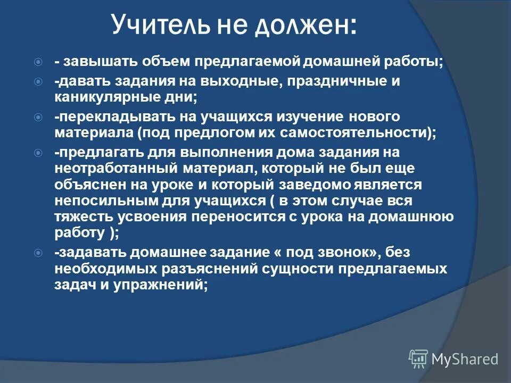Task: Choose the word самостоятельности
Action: coord(359,132)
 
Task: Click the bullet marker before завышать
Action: coord(38,62)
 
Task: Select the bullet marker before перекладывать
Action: coord(38,116)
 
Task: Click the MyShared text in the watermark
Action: coord(465,359)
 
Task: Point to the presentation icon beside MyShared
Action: coord(418,359)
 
